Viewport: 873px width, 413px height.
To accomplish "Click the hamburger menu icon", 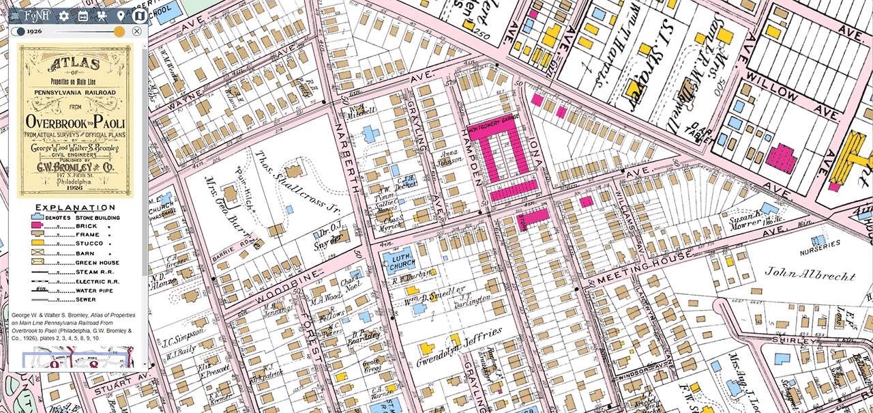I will (15, 16).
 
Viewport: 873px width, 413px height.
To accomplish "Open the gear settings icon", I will (63, 16).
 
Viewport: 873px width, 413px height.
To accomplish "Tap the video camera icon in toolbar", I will (102, 16).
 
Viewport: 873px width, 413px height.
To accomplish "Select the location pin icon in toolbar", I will (121, 16).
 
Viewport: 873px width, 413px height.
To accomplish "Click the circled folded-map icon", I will (139, 16).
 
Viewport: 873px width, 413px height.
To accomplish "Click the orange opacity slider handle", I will (119, 31).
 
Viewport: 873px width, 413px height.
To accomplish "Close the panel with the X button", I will (136, 31).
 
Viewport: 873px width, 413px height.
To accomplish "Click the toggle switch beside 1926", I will (18, 31).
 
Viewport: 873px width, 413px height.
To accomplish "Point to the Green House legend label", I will (97, 262).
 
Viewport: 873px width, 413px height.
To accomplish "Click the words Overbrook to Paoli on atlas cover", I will (75, 122).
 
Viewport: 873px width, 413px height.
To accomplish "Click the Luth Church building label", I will (402, 261).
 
